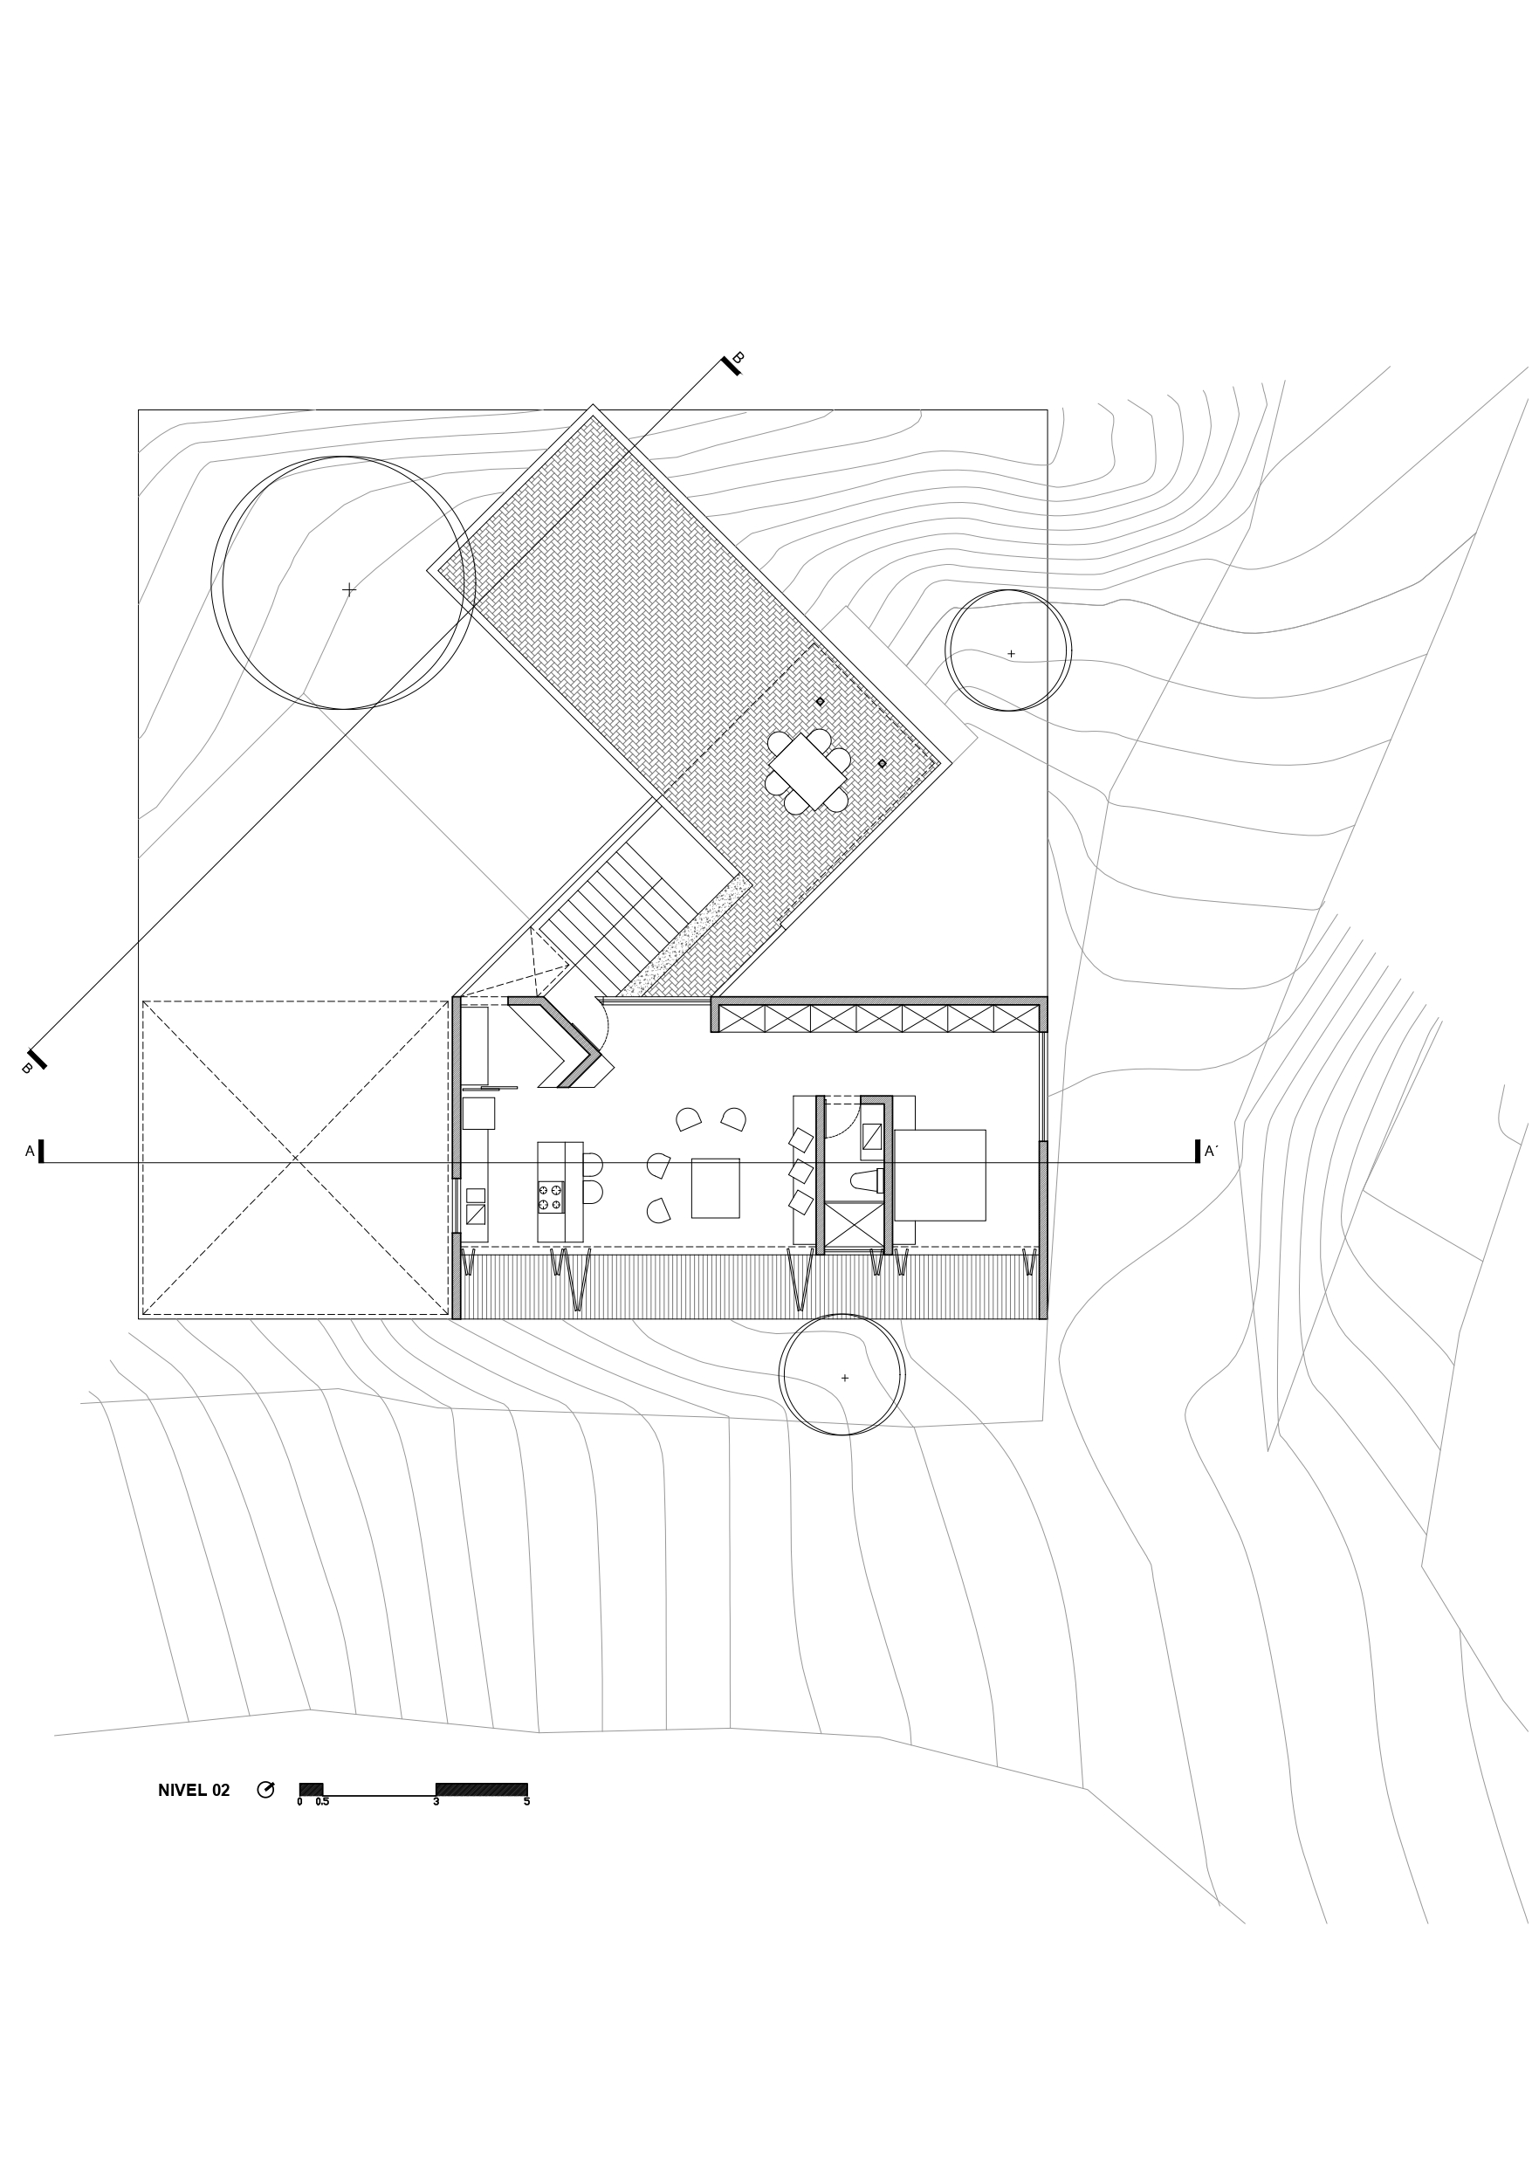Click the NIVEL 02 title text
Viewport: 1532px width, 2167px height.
[194, 1791]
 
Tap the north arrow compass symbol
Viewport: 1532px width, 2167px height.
[266, 1790]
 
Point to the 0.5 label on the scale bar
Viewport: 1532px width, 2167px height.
[322, 1802]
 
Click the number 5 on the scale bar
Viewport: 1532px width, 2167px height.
[526, 1802]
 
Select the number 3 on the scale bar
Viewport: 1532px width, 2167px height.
[436, 1802]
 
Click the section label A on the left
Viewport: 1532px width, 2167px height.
[31, 1152]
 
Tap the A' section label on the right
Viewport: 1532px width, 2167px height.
[1211, 1152]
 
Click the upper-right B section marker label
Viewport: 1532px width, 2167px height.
[739, 358]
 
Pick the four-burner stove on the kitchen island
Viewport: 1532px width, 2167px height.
[550, 1198]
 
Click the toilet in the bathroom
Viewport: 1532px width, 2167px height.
[866, 1180]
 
